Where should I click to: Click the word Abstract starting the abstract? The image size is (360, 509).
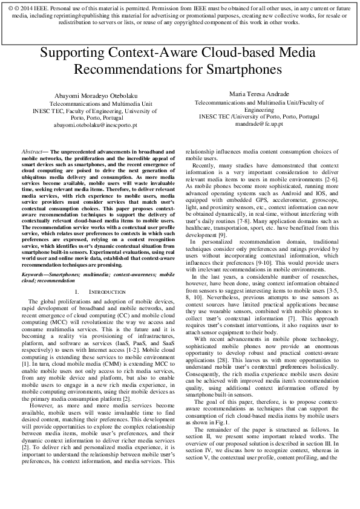pos(31,152)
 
